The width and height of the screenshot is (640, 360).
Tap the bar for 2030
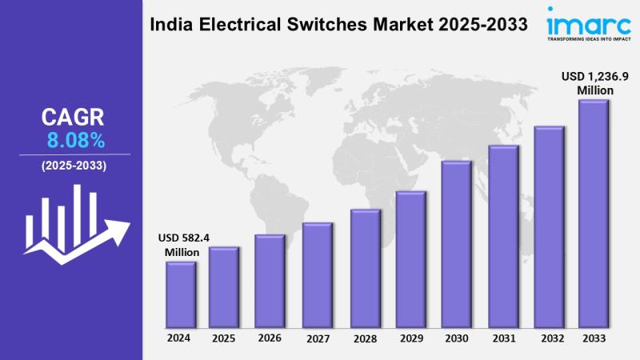tap(456, 244)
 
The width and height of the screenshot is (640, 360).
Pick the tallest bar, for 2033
tap(593, 214)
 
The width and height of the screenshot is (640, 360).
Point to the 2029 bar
tap(410, 259)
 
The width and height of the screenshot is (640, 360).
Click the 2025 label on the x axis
tap(224, 338)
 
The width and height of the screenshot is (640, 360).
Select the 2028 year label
tap(364, 338)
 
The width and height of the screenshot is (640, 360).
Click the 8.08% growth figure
tap(76, 142)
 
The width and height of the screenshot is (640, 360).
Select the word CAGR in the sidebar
tap(73, 118)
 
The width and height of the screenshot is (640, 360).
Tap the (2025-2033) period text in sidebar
tap(73, 166)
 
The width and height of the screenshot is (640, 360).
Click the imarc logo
tap(577, 21)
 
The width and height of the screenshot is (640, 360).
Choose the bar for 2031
tap(502, 236)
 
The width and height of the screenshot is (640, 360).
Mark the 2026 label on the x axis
tap(270, 338)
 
